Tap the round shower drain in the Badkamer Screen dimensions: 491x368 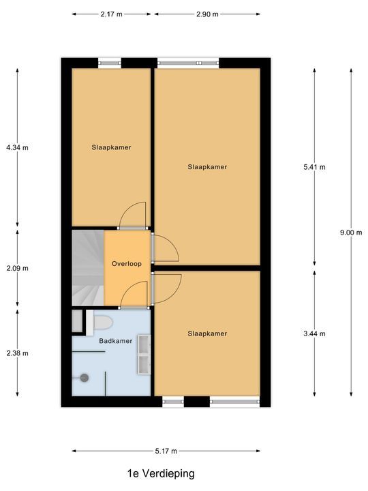tap(85, 377)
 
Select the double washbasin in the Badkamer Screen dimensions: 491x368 tap(144, 355)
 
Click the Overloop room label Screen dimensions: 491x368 tap(126, 263)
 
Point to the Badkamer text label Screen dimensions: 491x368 tap(111, 341)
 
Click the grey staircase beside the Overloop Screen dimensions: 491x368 tap(87, 267)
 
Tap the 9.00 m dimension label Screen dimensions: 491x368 tap(351, 232)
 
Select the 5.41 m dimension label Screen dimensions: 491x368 tap(315, 166)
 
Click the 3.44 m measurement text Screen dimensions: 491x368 tap(315, 333)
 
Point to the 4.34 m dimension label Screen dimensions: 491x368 tap(17, 147)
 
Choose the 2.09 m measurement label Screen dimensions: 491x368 tap(17, 268)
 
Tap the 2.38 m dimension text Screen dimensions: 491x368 tap(17, 353)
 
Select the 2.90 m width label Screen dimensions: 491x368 tap(206, 13)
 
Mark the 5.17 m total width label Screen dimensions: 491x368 tap(166, 451)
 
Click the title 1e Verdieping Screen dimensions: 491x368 tap(161, 473)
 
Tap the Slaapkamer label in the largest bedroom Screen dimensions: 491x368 tap(207, 166)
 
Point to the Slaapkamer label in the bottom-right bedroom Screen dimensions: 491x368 tap(207, 333)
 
